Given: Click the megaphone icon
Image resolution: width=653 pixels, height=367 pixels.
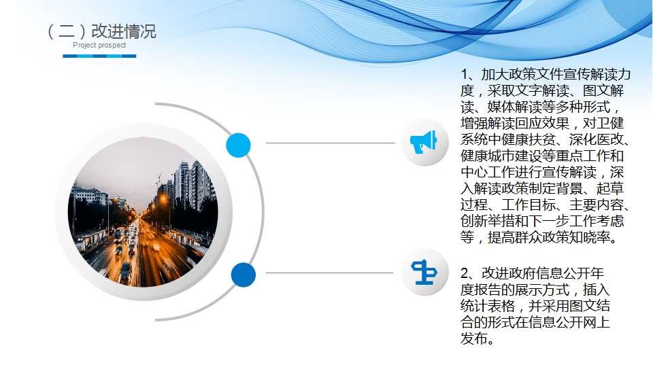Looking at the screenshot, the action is [x=424, y=142].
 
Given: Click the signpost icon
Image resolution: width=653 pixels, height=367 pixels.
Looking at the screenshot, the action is [x=424, y=272].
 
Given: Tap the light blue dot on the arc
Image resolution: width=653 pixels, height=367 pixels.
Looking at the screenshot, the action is [x=238, y=145].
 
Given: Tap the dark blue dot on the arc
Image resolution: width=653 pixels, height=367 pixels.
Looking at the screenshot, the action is [x=244, y=275].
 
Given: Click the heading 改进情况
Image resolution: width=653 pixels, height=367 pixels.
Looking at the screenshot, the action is [x=123, y=31].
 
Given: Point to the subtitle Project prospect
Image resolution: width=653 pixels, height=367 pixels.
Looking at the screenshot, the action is [x=99, y=45].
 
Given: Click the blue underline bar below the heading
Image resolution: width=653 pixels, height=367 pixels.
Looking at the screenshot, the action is [x=99, y=56].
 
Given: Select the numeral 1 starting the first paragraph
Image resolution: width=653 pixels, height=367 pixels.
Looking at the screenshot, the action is [x=465, y=75].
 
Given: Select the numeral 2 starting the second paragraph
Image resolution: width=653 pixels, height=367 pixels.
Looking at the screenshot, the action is [x=465, y=273].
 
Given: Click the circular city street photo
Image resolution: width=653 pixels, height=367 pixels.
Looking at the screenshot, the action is [x=143, y=212].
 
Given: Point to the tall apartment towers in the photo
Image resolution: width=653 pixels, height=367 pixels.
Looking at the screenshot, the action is [x=192, y=183].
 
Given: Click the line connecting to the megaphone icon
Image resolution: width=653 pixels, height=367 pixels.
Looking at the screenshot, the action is [x=331, y=143].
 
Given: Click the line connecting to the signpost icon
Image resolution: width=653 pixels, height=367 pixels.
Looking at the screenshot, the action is [x=329, y=273].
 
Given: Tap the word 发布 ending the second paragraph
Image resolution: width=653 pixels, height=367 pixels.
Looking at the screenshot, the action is [x=474, y=338].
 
